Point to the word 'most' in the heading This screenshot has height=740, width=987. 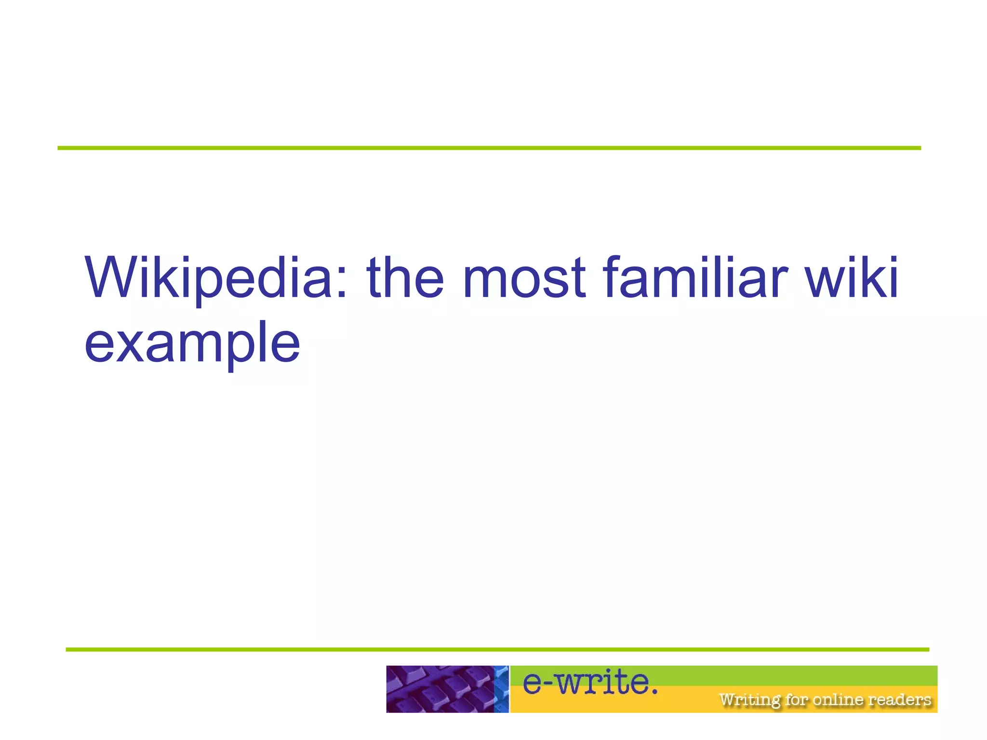[524, 278]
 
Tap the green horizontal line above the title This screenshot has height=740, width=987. [489, 148]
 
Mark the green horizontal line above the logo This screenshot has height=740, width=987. [497, 649]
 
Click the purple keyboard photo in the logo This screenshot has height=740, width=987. [440, 689]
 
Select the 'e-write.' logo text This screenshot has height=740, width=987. [590, 683]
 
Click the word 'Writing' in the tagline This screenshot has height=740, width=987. [749, 700]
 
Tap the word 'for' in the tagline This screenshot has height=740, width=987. [797, 699]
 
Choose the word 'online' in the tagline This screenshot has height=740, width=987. [838, 699]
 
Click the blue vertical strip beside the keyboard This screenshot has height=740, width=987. [502, 689]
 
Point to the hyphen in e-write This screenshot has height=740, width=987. [549, 683]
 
